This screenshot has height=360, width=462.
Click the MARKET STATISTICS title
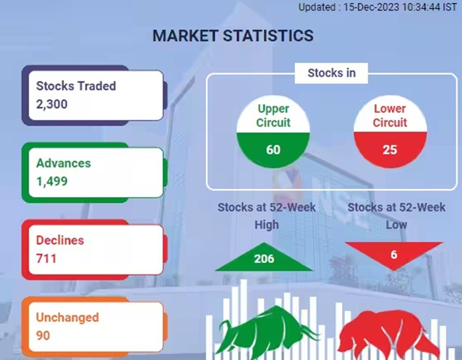pos(233,36)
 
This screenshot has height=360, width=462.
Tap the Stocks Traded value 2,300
pos(52,104)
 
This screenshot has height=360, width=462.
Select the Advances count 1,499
pos(52,181)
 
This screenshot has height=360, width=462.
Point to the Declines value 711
pos(46,258)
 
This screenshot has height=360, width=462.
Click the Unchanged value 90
pos(43,336)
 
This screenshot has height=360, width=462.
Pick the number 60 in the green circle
pos(273,150)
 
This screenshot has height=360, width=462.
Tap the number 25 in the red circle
pos(390,150)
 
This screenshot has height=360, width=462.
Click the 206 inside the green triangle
pos(264,259)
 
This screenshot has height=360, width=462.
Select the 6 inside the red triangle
pos(394,255)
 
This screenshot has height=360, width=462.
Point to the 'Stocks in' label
pos(332,73)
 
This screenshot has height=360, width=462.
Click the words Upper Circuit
pos(273,116)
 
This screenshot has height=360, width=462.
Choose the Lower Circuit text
pos(390,116)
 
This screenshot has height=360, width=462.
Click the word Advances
pos(64,163)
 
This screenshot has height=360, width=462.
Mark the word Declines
pos(60,240)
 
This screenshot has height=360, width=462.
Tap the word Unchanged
pos(67,317)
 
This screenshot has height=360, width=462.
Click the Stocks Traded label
pos(76,86)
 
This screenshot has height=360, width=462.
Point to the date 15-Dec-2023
pos(371,7)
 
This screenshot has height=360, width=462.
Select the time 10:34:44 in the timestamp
pos(421,7)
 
